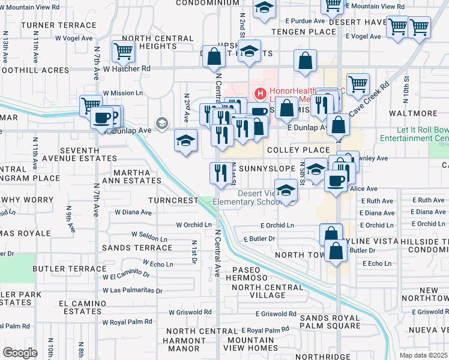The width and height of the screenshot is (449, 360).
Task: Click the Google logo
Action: [x=20, y=353]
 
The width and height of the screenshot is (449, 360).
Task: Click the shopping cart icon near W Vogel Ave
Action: [x=122, y=52]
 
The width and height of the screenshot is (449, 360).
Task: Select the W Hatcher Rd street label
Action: [x=127, y=69]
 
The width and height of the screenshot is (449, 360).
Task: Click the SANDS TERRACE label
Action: [x=137, y=247]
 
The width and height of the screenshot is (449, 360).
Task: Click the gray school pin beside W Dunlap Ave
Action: [x=161, y=124]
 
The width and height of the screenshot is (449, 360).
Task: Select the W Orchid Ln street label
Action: [x=194, y=225]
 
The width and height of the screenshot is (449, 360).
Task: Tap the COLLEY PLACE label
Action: [x=298, y=150]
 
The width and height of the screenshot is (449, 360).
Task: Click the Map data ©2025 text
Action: [x=424, y=355]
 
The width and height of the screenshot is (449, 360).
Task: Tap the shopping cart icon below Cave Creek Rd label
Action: [x=358, y=84]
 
